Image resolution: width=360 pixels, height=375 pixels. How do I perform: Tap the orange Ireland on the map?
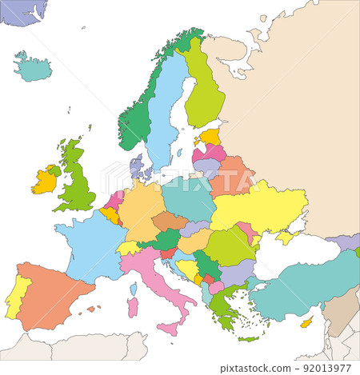(x=43, y=182)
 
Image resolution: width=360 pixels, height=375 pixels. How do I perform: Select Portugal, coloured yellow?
(x=17, y=297)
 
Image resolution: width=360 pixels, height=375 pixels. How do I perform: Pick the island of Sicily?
(x=169, y=327)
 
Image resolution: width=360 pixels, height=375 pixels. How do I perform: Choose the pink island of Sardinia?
(x=133, y=307)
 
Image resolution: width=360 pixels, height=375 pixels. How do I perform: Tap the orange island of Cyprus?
(x=305, y=322)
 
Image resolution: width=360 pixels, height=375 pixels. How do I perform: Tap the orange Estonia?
(x=210, y=137)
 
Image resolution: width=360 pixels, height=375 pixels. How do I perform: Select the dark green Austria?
(x=167, y=239)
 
